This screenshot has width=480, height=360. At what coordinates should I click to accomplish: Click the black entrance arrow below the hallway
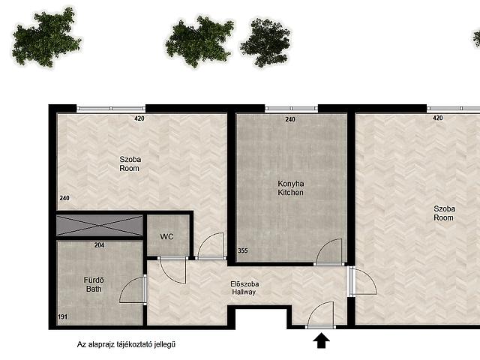coord(321,341)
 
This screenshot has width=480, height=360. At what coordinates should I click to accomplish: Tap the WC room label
coord(166,237)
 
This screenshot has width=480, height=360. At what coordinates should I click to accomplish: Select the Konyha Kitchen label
coord(291,188)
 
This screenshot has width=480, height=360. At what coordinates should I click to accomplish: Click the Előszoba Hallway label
coord(244,288)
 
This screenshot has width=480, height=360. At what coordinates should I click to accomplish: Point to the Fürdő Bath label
coord(94,284)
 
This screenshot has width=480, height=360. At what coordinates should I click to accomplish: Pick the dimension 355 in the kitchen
coord(243,250)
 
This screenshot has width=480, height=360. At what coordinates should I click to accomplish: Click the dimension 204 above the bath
coord(99,245)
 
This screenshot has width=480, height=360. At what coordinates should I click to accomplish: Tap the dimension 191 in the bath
coord(63,316)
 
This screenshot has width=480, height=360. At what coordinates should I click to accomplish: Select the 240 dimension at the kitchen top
coord(290,119)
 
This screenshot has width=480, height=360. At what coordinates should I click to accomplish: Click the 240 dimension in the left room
coord(64,198)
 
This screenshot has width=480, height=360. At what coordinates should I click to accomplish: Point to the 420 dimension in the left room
coord(139,118)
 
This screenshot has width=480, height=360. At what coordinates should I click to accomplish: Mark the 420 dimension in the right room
coord(438,118)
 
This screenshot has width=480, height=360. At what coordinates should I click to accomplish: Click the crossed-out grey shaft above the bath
coord(100,226)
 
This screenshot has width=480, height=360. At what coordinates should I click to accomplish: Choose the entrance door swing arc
coord(315,307)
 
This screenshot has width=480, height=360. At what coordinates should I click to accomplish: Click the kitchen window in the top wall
coord(291,108)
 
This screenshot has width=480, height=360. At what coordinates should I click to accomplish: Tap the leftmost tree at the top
coord(46,37)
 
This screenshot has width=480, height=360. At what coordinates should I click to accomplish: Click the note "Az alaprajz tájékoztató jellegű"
coord(126,345)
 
